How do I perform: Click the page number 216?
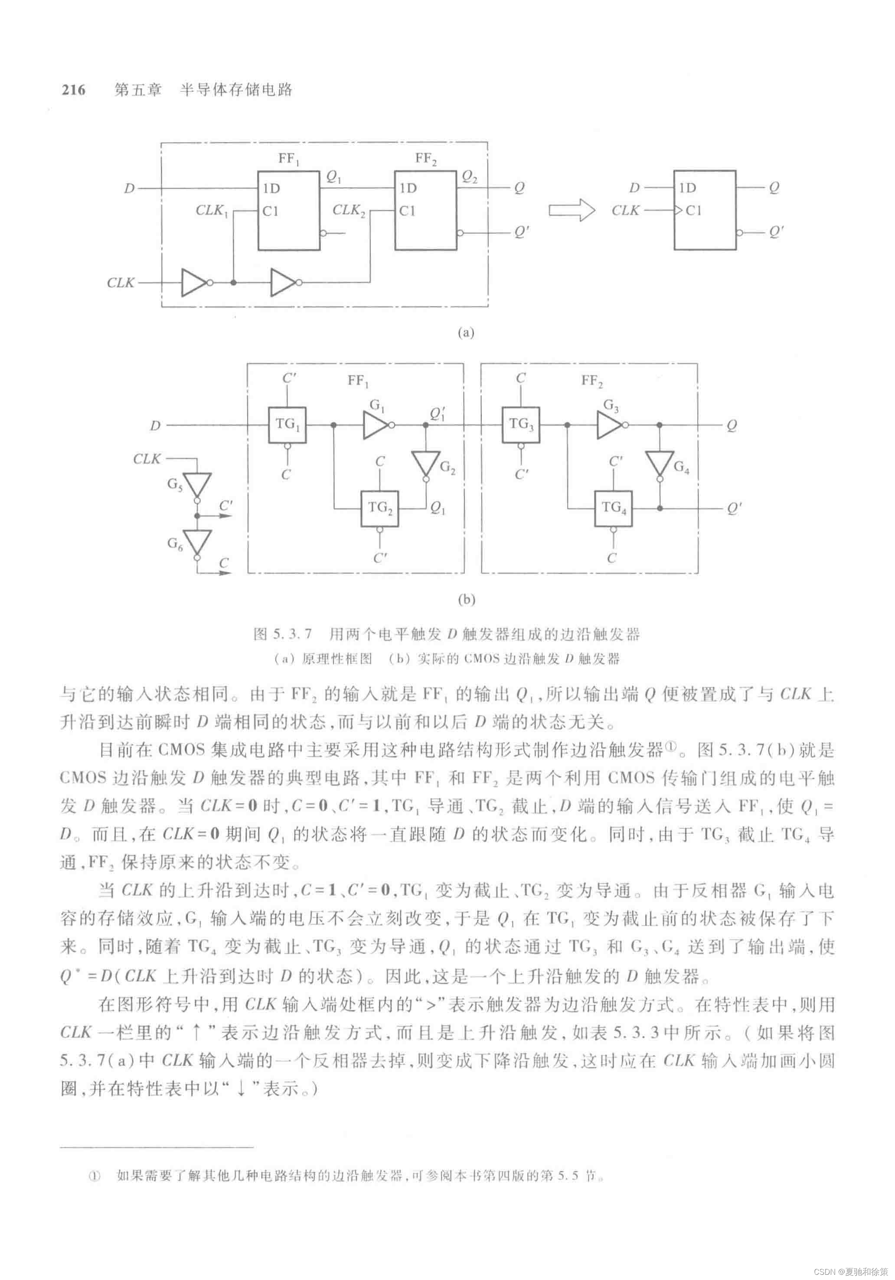[x=74, y=90]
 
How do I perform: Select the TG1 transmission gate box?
[x=287, y=425]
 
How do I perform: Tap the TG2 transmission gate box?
[x=380, y=508]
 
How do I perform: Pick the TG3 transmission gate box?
[x=520, y=425]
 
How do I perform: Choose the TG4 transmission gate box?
[x=614, y=508]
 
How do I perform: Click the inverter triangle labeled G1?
[x=375, y=425]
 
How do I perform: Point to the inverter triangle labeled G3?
[x=609, y=425]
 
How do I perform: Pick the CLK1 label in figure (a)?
[x=212, y=211]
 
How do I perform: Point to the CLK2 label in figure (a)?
[x=349, y=211]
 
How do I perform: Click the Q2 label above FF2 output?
[x=470, y=177]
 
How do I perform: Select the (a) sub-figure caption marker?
[x=466, y=333]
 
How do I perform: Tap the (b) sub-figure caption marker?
[x=466, y=600]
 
